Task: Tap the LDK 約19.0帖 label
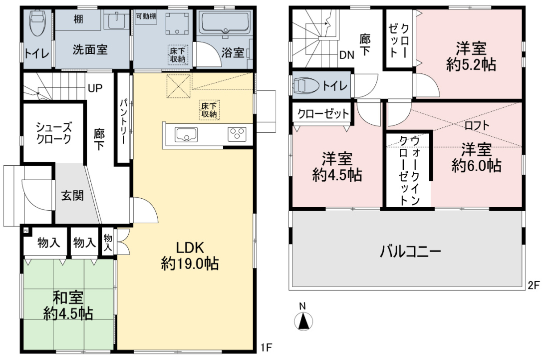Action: click(x=190, y=256)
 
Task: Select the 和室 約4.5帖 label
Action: click(x=68, y=306)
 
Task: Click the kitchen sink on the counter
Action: click(x=186, y=135)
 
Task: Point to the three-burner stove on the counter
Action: click(x=237, y=134)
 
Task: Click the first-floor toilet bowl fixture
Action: click(x=37, y=23)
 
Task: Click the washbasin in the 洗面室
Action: click(x=117, y=20)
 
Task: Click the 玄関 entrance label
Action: click(x=72, y=195)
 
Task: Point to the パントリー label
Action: click(x=123, y=121)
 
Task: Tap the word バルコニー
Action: click(x=410, y=251)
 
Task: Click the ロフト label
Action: click(x=477, y=125)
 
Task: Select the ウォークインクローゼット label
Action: click(x=410, y=171)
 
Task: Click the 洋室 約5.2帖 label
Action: click(x=471, y=57)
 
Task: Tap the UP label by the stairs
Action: click(x=95, y=88)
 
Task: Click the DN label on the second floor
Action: click(x=347, y=55)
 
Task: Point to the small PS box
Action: click(x=26, y=231)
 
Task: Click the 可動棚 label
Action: click(x=146, y=16)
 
